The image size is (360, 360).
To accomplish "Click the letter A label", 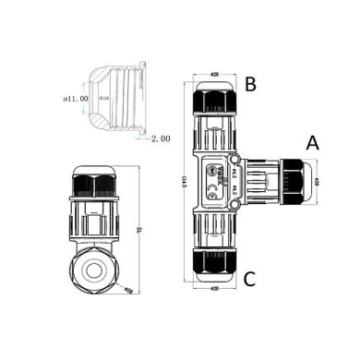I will coord(312,143).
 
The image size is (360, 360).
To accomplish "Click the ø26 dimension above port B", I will coord(213,74).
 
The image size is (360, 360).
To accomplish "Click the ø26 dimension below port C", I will coord(214,289).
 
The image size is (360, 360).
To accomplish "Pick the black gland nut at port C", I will coord(214,264).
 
